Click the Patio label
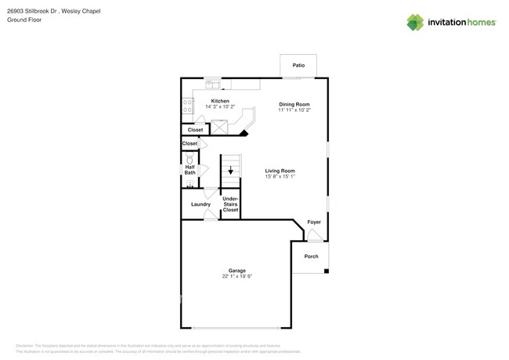pyautogui.click(x=298, y=66)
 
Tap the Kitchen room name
pyautogui.click(x=220, y=101)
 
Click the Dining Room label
pyautogui.click(x=294, y=104)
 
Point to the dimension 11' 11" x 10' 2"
pyautogui.click(x=294, y=110)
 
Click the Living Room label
pyautogui.click(x=280, y=171)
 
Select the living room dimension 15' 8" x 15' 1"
pyautogui.click(x=280, y=177)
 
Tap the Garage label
pyautogui.click(x=236, y=271)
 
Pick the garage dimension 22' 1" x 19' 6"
pyautogui.click(x=236, y=276)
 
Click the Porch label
pyautogui.click(x=311, y=257)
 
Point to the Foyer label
pyautogui.click(x=313, y=222)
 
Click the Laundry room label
pyautogui.click(x=200, y=204)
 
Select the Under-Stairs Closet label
pyautogui.click(x=230, y=204)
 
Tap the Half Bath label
pyautogui.click(x=190, y=170)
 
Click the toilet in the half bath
pyautogui.click(x=190, y=159)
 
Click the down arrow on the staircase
pyautogui.click(x=230, y=170)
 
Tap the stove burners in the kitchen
pyautogui.click(x=188, y=106)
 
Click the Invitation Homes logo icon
pyautogui.click(x=415, y=23)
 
